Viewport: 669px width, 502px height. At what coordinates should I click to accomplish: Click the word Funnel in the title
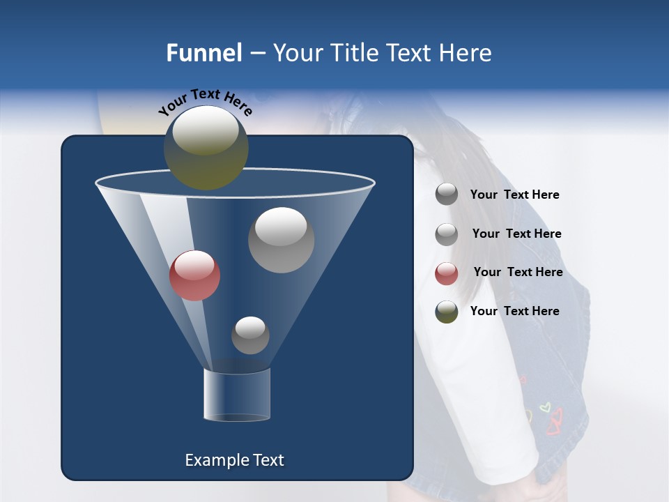[204, 53]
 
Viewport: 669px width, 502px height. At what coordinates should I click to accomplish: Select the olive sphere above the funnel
[206, 147]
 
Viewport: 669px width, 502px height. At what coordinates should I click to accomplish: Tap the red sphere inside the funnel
[194, 275]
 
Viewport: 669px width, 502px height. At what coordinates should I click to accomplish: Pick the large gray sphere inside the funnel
[281, 240]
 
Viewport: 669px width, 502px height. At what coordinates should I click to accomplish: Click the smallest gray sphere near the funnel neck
[250, 335]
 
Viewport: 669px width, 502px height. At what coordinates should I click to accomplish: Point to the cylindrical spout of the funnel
[236, 395]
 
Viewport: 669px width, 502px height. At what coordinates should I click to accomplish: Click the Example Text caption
[234, 460]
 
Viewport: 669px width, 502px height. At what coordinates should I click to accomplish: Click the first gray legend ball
[447, 195]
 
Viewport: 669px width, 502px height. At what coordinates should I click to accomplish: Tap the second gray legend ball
[447, 234]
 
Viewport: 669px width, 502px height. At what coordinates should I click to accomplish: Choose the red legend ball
[447, 273]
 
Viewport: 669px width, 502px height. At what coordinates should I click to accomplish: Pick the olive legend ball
[447, 312]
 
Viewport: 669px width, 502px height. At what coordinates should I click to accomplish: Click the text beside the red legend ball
[518, 273]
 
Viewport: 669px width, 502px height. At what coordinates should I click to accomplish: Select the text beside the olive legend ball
[514, 311]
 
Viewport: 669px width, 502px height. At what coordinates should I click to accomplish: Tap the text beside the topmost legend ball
[514, 195]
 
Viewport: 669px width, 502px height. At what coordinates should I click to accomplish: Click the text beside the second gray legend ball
[516, 234]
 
